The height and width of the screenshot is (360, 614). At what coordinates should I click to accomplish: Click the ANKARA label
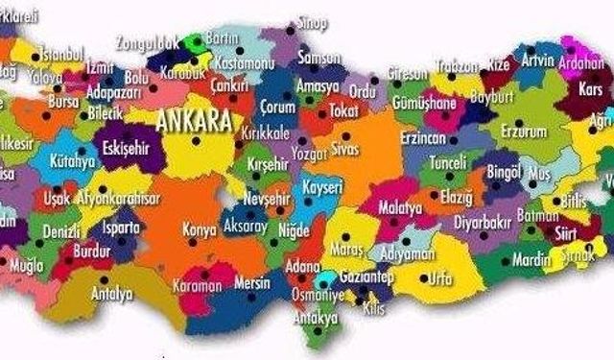(194, 123)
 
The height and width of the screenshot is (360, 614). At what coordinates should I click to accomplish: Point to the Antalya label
(111, 295)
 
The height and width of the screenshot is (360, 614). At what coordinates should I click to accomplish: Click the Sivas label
(344, 151)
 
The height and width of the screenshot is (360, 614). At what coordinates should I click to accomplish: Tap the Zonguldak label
(146, 42)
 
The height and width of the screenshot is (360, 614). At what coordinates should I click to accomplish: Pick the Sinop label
(312, 22)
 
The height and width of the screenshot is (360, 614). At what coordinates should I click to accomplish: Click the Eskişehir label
(126, 150)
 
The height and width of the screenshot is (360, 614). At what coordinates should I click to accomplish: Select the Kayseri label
(323, 186)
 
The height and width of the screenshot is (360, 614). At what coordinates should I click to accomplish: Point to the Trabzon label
(457, 66)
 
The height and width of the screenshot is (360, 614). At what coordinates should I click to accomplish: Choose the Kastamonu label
(244, 61)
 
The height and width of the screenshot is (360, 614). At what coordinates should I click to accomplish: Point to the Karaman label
(197, 286)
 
